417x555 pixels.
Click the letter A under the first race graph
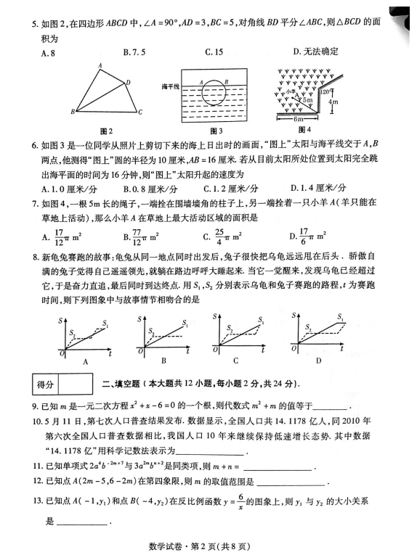pos(86,360)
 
